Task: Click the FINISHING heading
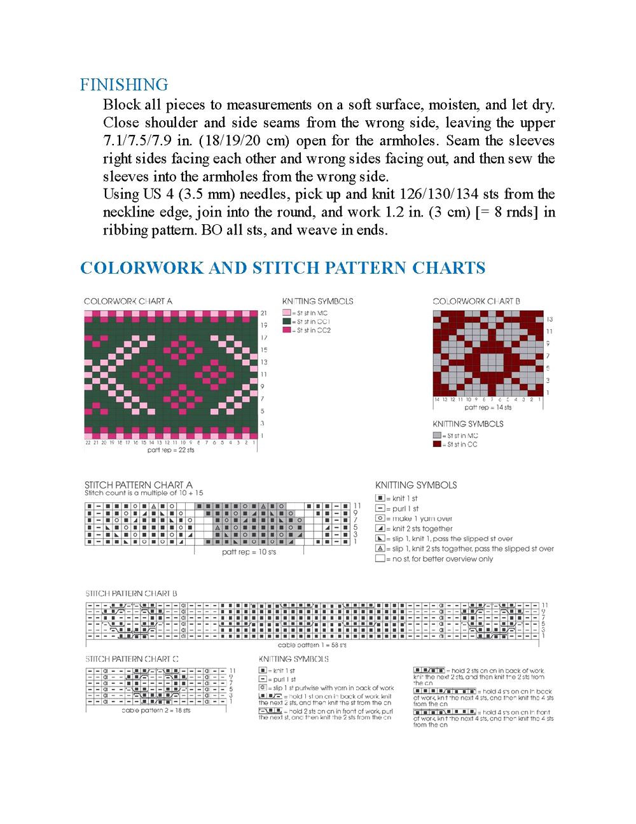124,85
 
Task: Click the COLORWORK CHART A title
128,301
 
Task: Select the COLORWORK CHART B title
476,301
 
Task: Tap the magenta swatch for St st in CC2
286,330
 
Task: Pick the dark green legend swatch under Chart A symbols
286,322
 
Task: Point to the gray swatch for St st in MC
437,436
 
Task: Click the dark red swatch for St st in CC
437,444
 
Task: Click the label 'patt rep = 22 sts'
170,450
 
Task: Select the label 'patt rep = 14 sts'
488,408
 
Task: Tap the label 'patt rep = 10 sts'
249,552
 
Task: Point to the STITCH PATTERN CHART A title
139,485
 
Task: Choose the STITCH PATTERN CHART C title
132,659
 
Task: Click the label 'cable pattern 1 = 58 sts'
312,645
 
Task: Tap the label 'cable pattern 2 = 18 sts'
156,711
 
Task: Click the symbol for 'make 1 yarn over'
380,518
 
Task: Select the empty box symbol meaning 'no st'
380,558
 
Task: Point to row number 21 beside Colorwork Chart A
263,313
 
